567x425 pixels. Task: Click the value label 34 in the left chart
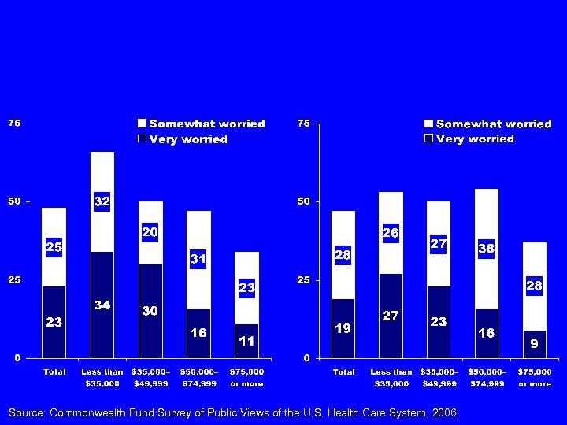pos(102,305)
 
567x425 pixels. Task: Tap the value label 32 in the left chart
pos(102,201)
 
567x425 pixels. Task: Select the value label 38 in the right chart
pos(486,248)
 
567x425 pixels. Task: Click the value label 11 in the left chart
pos(246,341)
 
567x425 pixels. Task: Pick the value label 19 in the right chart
pos(343,327)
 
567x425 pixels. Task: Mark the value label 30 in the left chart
pos(150,311)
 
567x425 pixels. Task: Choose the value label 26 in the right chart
pos(391,233)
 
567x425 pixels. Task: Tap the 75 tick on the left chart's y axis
pos(14,124)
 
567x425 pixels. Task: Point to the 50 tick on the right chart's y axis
pos(302,201)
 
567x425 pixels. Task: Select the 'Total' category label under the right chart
pos(343,371)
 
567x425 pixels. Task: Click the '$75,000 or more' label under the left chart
pos(246,378)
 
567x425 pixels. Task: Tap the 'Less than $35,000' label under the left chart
pos(102,378)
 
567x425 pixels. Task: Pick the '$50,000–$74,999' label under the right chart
pos(487,378)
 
